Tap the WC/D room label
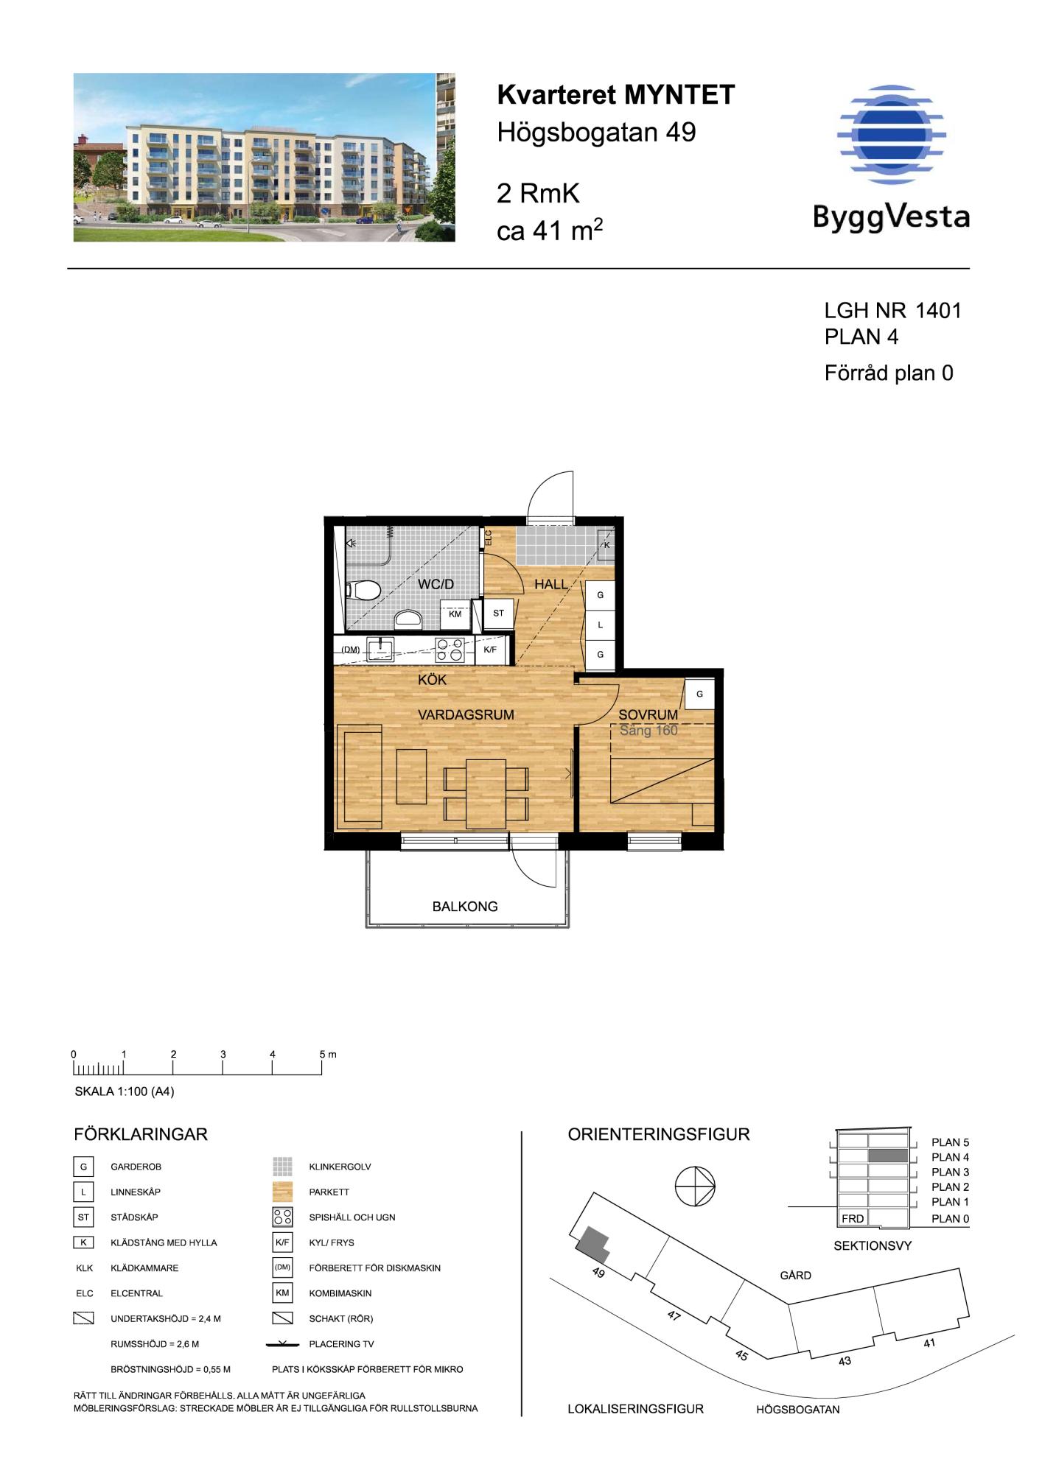[436, 584]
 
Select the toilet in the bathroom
[363, 590]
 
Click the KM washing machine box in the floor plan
[455, 614]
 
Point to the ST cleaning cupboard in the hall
[498, 613]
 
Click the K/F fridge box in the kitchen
[490, 650]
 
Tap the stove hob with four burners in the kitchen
[450, 650]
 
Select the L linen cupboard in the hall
[600, 625]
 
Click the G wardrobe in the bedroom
[699, 694]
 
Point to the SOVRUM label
[648, 715]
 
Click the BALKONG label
[465, 907]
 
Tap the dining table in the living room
[486, 792]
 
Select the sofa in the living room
[359, 777]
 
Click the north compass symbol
[695, 1187]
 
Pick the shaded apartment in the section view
[887, 1156]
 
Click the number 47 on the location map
[674, 1316]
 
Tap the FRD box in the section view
[853, 1219]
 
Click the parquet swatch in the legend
[283, 1192]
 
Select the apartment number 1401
[938, 311]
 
